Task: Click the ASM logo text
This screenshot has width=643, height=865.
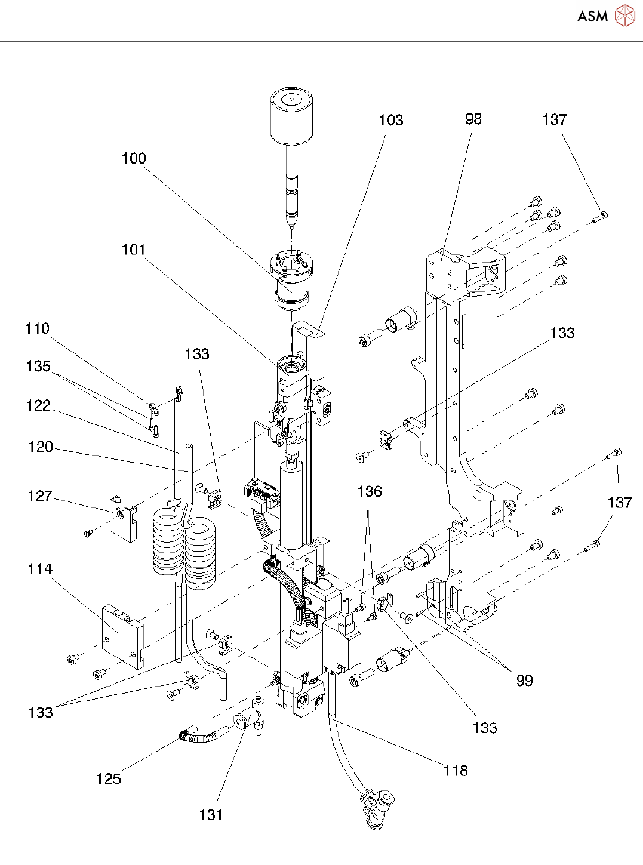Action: (x=592, y=16)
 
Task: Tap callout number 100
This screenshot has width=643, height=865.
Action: (x=134, y=158)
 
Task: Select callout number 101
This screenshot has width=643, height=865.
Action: (x=134, y=250)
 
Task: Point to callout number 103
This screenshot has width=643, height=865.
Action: (x=391, y=121)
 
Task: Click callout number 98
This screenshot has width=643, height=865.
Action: (x=473, y=119)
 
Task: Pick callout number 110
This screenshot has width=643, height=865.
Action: (x=37, y=329)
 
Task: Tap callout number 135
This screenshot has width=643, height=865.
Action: (x=38, y=366)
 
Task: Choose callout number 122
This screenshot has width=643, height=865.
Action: (x=38, y=406)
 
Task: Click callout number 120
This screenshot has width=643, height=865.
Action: (x=41, y=447)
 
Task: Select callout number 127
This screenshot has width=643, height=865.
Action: (x=40, y=496)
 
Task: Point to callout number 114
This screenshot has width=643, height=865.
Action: (x=40, y=570)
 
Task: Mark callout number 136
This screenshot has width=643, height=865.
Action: (x=370, y=492)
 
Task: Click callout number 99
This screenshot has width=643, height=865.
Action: (x=524, y=681)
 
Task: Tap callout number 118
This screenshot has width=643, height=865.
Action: (x=456, y=771)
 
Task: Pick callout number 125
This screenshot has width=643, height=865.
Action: (x=109, y=779)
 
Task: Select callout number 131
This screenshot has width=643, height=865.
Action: (x=211, y=815)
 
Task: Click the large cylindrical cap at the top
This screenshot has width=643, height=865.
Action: (x=292, y=117)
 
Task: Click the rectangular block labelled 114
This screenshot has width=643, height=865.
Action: (x=123, y=635)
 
